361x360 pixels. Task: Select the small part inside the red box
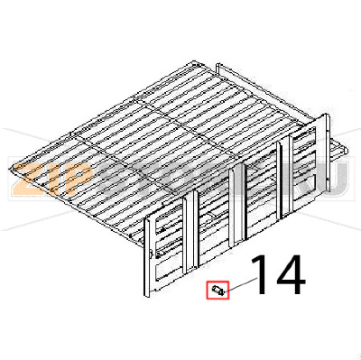coord(218,290)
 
